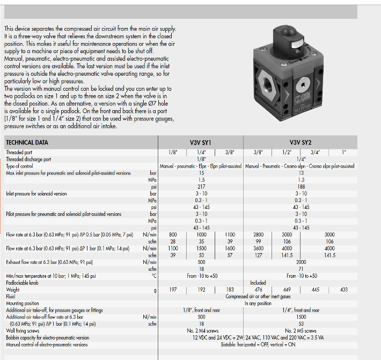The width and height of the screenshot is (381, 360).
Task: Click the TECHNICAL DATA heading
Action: pyautogui.click(x=26, y=142)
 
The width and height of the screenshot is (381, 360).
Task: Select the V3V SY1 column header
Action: pyautogui.click(x=201, y=142)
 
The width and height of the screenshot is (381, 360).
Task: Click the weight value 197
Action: pyautogui.click(x=173, y=290)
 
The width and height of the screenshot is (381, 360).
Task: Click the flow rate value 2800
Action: pyautogui.click(x=258, y=235)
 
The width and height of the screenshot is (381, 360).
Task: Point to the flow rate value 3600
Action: pyautogui.click(x=258, y=249)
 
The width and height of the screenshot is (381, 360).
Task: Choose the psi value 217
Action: pyautogui.click(x=201, y=186)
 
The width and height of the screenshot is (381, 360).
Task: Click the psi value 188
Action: pyautogui.click(x=301, y=186)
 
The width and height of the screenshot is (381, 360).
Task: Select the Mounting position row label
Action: pyautogui.click(x=23, y=303)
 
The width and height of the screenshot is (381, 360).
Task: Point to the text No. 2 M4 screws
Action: pyautogui.click(x=201, y=330)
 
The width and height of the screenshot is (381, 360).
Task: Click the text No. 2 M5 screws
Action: pyautogui.click(x=301, y=330)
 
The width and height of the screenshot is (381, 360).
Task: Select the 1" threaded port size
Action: pyautogui.click(x=343, y=152)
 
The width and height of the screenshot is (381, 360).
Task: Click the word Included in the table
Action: pyautogui.click(x=258, y=283)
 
